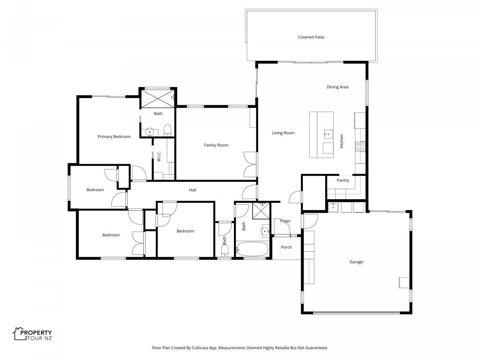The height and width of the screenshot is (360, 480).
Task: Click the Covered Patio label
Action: tap(311, 37)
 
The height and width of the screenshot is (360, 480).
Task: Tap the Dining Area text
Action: tap(337, 87)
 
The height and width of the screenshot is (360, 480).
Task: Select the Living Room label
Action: tap(283, 133)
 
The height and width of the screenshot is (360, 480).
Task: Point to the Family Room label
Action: tap(216, 145)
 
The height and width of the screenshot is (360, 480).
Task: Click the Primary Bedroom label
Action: tap(114, 137)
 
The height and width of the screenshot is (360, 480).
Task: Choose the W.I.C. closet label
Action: tap(159, 156)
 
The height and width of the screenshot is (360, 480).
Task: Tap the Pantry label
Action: tap(343, 180)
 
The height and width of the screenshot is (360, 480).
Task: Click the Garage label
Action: tap(356, 262)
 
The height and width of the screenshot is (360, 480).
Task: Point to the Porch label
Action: tap(286, 247)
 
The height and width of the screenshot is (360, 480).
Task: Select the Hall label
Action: tap(192, 190)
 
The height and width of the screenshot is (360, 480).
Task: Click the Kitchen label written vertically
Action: tap(341, 141)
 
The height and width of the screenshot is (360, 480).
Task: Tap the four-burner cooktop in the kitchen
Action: tap(360, 147)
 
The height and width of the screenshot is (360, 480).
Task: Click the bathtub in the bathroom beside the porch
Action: tap(252, 249)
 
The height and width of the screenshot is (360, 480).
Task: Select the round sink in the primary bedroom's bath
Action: tap(150, 132)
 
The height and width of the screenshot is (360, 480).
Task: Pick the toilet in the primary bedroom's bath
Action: tap(168, 130)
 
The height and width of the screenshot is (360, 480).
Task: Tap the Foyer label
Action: tap(285, 221)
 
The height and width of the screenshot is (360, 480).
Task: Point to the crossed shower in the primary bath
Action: tap(158, 98)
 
